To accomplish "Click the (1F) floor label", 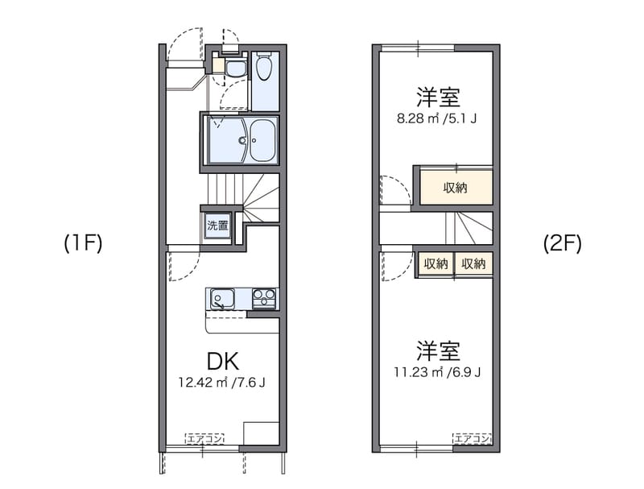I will tap(83, 243).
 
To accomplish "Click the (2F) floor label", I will tap(561, 243).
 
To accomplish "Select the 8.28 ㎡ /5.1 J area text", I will tap(437, 119).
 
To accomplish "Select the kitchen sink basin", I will tap(221, 300).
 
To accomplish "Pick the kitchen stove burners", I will tap(264, 299).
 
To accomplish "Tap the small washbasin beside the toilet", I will tap(235, 68).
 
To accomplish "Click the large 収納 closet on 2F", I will tap(455, 189).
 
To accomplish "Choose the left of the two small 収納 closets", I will tap(436, 263).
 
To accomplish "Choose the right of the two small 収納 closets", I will tap(473, 263).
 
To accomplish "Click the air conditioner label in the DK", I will tap(204, 439).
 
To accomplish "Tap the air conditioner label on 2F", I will tap(473, 439).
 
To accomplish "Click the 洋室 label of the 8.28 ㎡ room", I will tap(438, 97).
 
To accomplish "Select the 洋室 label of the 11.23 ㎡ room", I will tap(438, 351).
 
